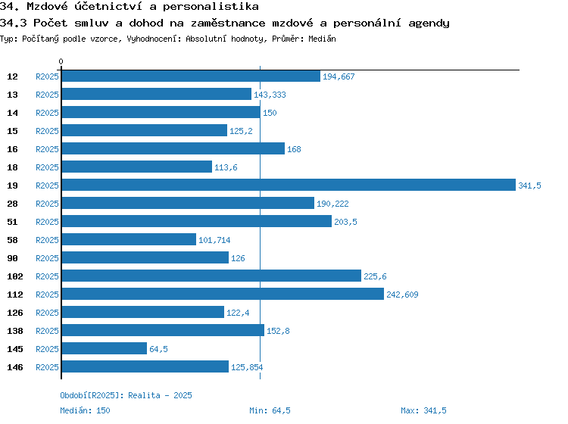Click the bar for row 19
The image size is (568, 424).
288,185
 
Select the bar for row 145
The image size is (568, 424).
104,349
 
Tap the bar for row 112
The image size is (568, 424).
222,295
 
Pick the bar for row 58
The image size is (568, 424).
128,240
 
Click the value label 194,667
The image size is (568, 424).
339,76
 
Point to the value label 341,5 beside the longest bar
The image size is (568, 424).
529,185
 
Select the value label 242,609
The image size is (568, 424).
402,295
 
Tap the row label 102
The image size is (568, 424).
14,276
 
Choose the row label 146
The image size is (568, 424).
14,367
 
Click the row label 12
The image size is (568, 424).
12,76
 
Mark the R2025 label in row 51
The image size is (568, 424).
47,222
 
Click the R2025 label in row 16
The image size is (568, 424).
47,149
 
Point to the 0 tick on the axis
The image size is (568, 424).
61,61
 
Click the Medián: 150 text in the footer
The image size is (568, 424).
85,410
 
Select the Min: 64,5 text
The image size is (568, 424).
270,410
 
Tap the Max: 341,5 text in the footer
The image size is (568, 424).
423,410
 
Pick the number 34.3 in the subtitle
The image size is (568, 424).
14,23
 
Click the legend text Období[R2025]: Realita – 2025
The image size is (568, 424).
126,395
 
